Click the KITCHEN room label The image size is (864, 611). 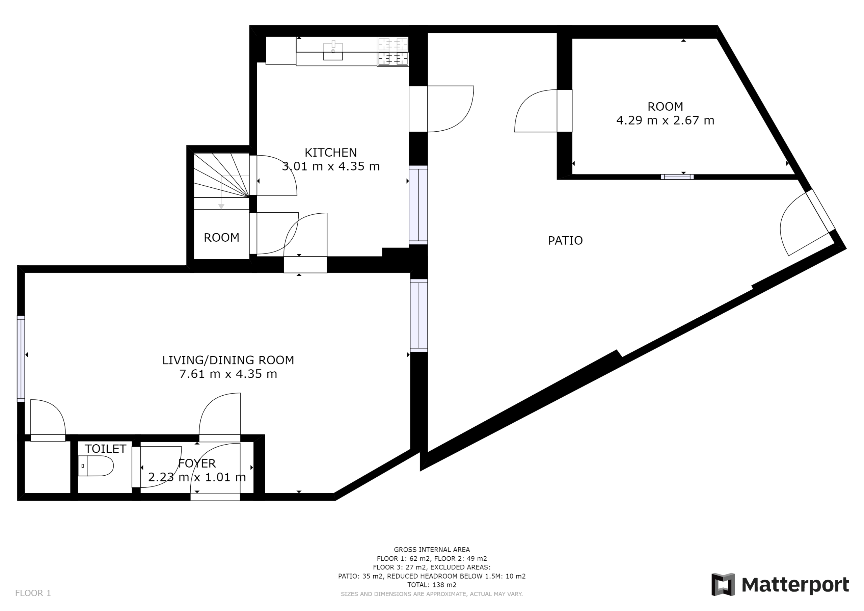[330, 153]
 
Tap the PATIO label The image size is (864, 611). [565, 241]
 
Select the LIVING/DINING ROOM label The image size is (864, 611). [228, 360]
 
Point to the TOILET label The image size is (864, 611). [105, 449]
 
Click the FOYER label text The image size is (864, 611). [197, 463]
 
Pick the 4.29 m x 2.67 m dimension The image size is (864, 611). [665, 121]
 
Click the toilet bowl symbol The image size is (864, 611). [96, 466]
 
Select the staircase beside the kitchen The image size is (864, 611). [221, 181]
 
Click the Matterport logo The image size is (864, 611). [780, 585]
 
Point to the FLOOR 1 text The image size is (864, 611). [33, 593]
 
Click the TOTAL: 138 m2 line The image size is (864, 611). [432, 585]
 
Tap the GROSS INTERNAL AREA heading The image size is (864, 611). [432, 550]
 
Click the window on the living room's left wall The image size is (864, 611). [21, 359]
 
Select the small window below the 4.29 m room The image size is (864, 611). [677, 177]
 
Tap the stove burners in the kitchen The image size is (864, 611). [393, 52]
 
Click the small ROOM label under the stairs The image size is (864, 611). [221, 238]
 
